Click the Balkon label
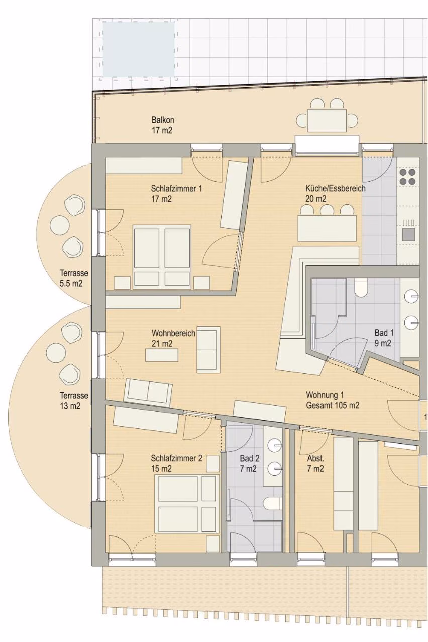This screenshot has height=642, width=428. pos(163,125)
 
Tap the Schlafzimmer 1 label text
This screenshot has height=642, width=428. pos(176,194)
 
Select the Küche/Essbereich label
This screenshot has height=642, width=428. pos(335,193)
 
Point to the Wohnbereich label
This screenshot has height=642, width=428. pos(173,338)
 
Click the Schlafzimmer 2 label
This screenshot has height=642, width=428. pos(176,463)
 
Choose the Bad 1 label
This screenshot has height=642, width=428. pos(384,338)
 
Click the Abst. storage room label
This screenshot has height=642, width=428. pos(315,463)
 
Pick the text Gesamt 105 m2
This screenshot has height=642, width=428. pos(333,406)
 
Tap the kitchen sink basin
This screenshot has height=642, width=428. pos(408,234)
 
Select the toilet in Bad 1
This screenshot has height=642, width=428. pos(360,288)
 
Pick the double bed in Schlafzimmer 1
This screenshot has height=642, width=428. pos(162,257)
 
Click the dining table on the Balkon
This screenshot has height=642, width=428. pos(327,120)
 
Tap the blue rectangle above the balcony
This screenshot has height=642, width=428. pos(139,49)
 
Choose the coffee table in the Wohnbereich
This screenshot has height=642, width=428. pos(162,355)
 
